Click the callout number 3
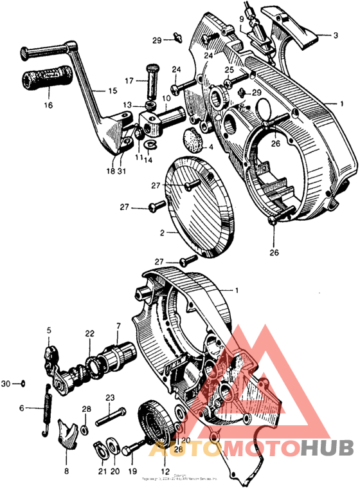pyautogui.click(x=335, y=35)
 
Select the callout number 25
pyautogui.click(x=228, y=69)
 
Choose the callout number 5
pyautogui.click(x=48, y=331)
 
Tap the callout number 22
pyautogui.click(x=89, y=333)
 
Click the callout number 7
pyautogui.click(x=118, y=328)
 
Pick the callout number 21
pyautogui.click(x=102, y=470)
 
